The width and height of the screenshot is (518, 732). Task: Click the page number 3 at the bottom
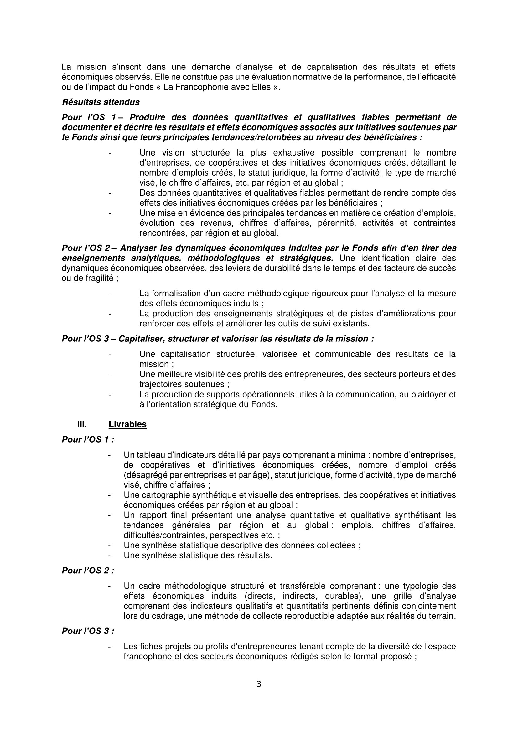(x=259, y=684)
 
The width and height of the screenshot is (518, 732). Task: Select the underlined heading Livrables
(x=127, y=424)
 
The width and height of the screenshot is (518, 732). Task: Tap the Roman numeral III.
(x=82, y=424)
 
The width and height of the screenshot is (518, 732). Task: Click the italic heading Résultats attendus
(x=101, y=102)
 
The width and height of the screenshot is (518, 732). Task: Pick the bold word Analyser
(x=138, y=248)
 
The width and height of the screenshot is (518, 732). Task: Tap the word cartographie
(x=167, y=495)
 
